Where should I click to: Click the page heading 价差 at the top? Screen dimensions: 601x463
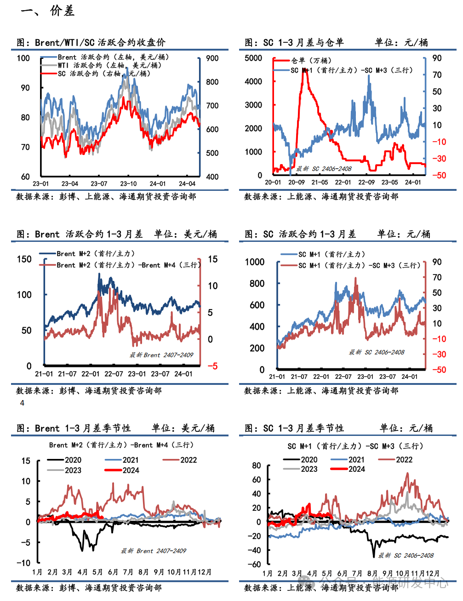tap(62, 11)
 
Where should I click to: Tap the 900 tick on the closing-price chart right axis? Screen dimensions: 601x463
tap(212, 58)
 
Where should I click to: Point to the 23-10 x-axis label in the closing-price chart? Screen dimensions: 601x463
tap(129, 183)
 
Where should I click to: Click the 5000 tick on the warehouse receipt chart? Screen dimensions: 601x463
tap(253, 58)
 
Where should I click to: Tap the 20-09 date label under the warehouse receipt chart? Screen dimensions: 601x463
tap(297, 182)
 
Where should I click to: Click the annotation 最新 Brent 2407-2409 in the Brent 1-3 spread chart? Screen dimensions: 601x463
tap(161, 355)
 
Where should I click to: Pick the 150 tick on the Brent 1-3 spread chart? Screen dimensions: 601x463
tap(24, 259)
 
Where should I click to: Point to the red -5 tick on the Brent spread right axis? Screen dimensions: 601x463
tap(212, 366)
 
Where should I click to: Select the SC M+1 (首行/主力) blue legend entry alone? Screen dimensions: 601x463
tap(331, 254)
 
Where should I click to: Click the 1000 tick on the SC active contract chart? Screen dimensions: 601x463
tap(255, 262)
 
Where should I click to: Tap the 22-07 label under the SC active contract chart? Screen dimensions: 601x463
tap(343, 377)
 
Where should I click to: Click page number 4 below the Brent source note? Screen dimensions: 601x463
tap(22, 403)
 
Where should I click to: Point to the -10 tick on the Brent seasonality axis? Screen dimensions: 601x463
tap(23, 562)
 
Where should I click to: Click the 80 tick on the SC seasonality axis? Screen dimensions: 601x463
tap(256, 465)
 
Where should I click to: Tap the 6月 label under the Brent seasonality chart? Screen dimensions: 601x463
tap(113, 572)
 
